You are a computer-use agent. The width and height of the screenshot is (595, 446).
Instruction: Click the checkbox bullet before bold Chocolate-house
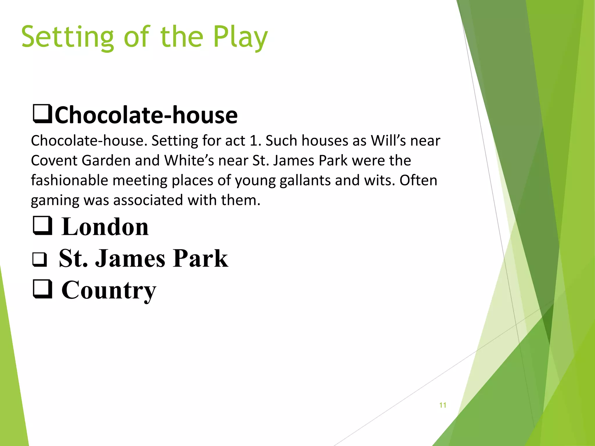[42, 114]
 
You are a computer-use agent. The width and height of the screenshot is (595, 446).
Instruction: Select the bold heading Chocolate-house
[146, 115]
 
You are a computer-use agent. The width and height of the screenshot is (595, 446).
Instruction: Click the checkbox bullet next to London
[42, 226]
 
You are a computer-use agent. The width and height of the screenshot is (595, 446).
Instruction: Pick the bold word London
[105, 227]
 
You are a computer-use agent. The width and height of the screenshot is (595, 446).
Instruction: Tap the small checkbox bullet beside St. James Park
[40, 259]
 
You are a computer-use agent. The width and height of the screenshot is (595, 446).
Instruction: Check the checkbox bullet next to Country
[42, 289]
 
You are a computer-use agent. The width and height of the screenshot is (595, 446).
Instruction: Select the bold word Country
[109, 290]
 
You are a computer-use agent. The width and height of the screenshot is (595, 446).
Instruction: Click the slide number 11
[443, 405]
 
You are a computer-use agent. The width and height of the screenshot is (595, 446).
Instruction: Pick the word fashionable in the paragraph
[69, 180]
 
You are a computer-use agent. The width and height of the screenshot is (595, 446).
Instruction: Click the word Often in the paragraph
[418, 180]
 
